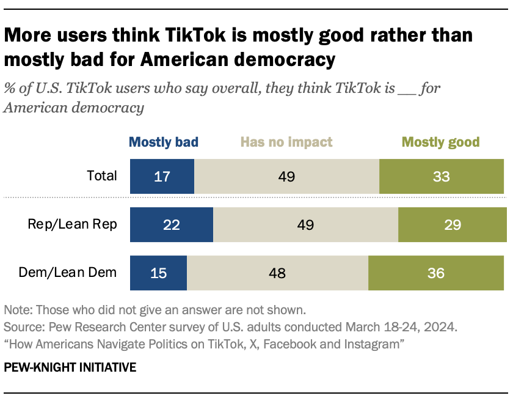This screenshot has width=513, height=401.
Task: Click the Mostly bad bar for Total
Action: pyautogui.click(x=162, y=177)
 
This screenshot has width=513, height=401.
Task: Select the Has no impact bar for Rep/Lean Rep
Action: pyautogui.click(x=305, y=224)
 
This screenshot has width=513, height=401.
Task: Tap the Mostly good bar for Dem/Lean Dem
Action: pyautogui.click(x=436, y=272)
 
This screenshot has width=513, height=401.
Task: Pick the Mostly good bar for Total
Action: pyautogui.click(x=442, y=177)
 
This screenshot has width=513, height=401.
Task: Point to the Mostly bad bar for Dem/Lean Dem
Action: pyautogui.click(x=158, y=272)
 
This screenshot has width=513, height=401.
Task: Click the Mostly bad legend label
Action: pyautogui.click(x=164, y=142)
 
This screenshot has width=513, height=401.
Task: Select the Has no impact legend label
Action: pyautogui.click(x=286, y=142)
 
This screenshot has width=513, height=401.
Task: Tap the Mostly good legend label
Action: pyautogui.click(x=440, y=142)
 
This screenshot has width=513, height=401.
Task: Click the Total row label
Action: pyautogui.click(x=101, y=176)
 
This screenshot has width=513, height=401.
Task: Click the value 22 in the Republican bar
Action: pyautogui.click(x=171, y=224)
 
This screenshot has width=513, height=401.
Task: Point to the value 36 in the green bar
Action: pyautogui.click(x=435, y=272)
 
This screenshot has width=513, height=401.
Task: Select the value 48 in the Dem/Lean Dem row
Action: pyautogui.click(x=277, y=272)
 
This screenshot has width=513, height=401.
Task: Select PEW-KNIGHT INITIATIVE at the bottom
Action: pyautogui.click(x=70, y=368)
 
